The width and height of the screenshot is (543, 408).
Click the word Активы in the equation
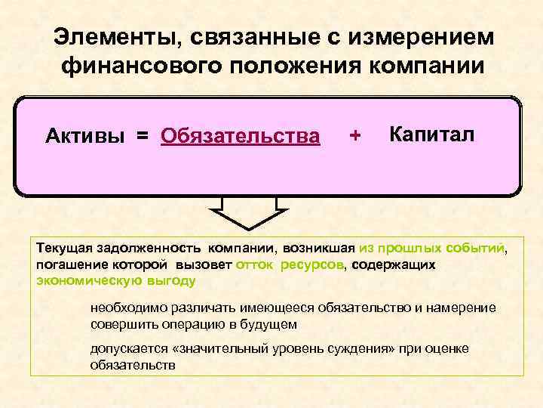[x=84, y=136]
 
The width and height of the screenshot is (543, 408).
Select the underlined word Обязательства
[x=240, y=136]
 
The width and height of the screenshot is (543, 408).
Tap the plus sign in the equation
[x=355, y=136]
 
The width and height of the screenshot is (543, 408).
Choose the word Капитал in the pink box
[x=432, y=134]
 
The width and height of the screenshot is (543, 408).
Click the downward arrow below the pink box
[x=249, y=212]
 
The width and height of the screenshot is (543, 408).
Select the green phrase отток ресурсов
[x=290, y=264]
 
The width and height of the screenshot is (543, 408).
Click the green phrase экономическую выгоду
[x=115, y=281]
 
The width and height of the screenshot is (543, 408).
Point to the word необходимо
[x=127, y=308]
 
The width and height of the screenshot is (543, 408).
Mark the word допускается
[x=125, y=348]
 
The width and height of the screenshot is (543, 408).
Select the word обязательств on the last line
[x=132, y=364]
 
